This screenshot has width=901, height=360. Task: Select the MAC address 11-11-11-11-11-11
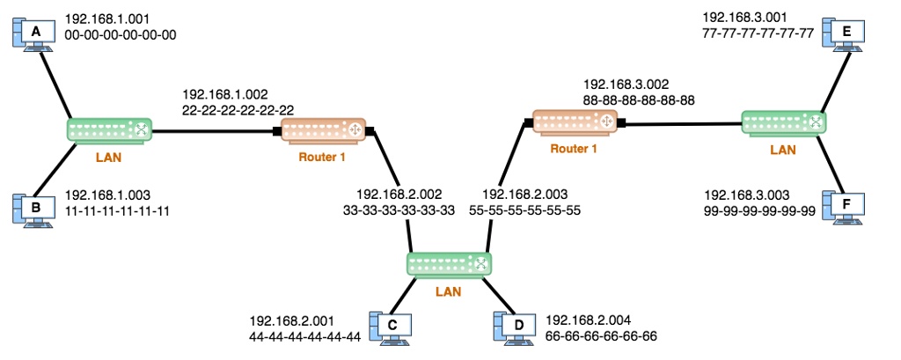pos(117,211)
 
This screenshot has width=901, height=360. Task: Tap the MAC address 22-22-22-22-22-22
pos(238,110)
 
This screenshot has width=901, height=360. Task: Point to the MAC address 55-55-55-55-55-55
pos(525,210)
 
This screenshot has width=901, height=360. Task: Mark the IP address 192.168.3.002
pos(626,84)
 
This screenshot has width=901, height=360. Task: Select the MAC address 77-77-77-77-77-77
pos(758,33)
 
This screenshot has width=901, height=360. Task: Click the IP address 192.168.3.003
pos(747,195)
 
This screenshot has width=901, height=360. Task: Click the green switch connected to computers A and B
pos(109,131)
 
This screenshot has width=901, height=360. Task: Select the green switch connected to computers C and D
pos(449,264)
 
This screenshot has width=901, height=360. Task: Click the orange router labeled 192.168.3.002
pos(577,122)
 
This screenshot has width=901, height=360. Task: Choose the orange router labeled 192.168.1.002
pos(324,131)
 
